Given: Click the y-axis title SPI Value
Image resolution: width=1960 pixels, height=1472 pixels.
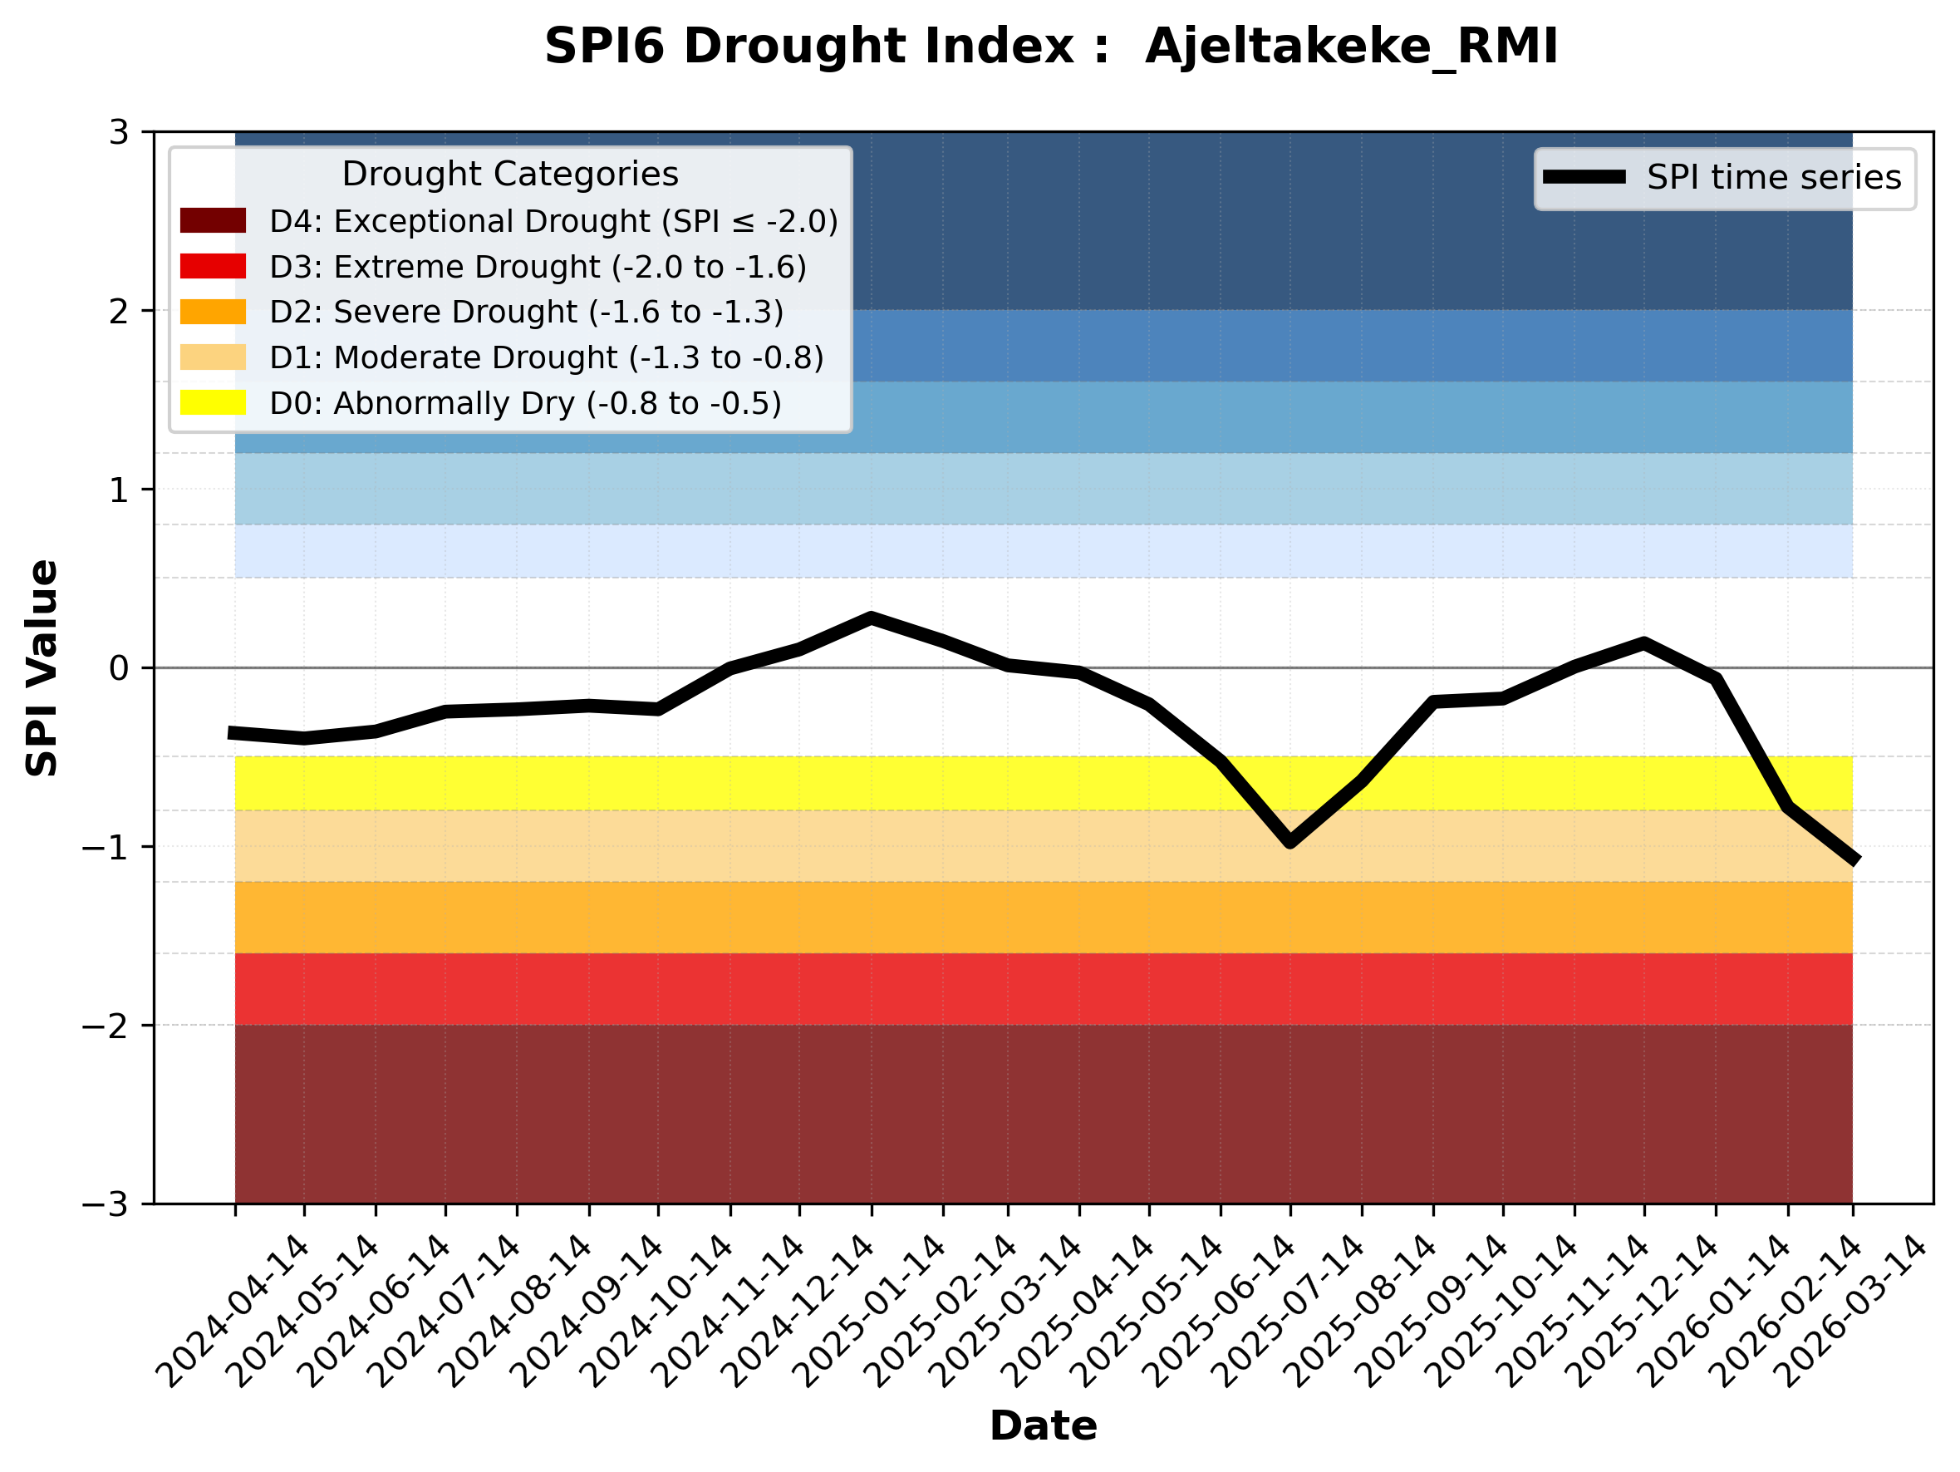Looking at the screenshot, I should pyautogui.click(x=42, y=668).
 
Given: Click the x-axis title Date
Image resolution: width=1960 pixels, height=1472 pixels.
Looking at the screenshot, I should pyautogui.click(x=1043, y=1426).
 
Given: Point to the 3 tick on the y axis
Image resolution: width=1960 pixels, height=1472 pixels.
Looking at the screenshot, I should pyautogui.click(x=119, y=132).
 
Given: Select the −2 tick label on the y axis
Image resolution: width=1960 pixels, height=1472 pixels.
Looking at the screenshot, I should pyautogui.click(x=106, y=1026).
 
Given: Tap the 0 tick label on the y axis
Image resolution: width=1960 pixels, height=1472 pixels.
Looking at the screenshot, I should pyautogui.click(x=119, y=668).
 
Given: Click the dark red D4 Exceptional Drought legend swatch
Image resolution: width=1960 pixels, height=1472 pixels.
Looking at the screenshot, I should pyautogui.click(x=213, y=220).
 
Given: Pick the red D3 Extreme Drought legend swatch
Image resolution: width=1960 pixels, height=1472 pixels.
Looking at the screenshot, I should pyautogui.click(x=213, y=266).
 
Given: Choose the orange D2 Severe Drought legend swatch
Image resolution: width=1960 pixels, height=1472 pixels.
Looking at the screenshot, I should pyautogui.click(x=213, y=311).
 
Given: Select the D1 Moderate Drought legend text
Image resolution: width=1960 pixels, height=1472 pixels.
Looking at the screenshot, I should pyautogui.click(x=547, y=357).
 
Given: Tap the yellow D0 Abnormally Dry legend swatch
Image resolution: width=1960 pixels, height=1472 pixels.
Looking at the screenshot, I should pyautogui.click(x=213, y=402).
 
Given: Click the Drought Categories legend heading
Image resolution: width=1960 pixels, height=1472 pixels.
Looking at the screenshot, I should pyautogui.click(x=509, y=174).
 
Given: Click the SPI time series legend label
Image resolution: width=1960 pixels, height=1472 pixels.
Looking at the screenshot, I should pyautogui.click(x=1774, y=177).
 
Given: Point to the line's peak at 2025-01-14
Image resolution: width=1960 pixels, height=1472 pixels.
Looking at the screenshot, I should pyautogui.click(x=872, y=617).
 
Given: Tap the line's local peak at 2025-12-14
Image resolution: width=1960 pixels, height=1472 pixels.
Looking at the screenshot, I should pyautogui.click(x=1643, y=642).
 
